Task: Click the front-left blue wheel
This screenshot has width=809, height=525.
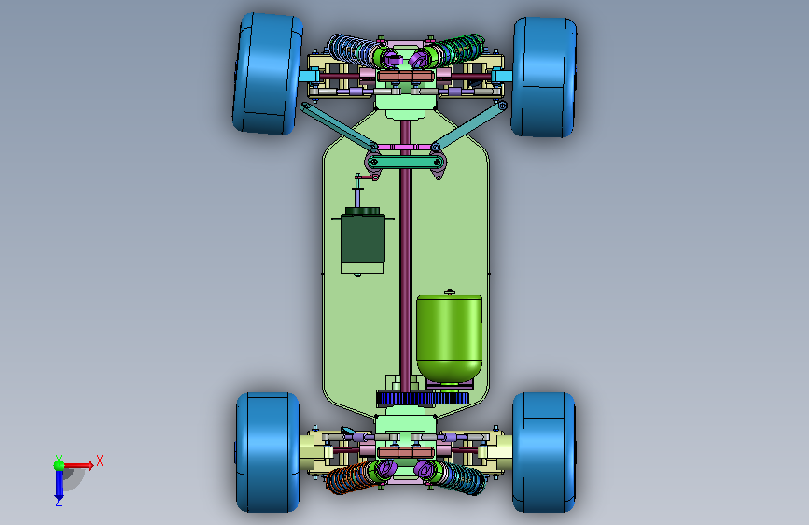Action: [x=267, y=74]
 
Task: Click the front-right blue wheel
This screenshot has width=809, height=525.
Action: [x=544, y=78]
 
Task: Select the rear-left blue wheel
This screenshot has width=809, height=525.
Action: [x=268, y=453]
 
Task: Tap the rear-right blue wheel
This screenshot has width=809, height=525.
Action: [x=544, y=452]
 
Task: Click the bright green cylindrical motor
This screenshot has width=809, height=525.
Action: [x=450, y=337]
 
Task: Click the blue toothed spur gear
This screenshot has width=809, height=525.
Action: [x=423, y=398]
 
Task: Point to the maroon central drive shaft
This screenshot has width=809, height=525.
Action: [x=405, y=255]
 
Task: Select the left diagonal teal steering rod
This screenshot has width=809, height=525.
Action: [x=339, y=125]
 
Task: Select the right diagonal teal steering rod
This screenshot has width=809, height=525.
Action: [x=469, y=125]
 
